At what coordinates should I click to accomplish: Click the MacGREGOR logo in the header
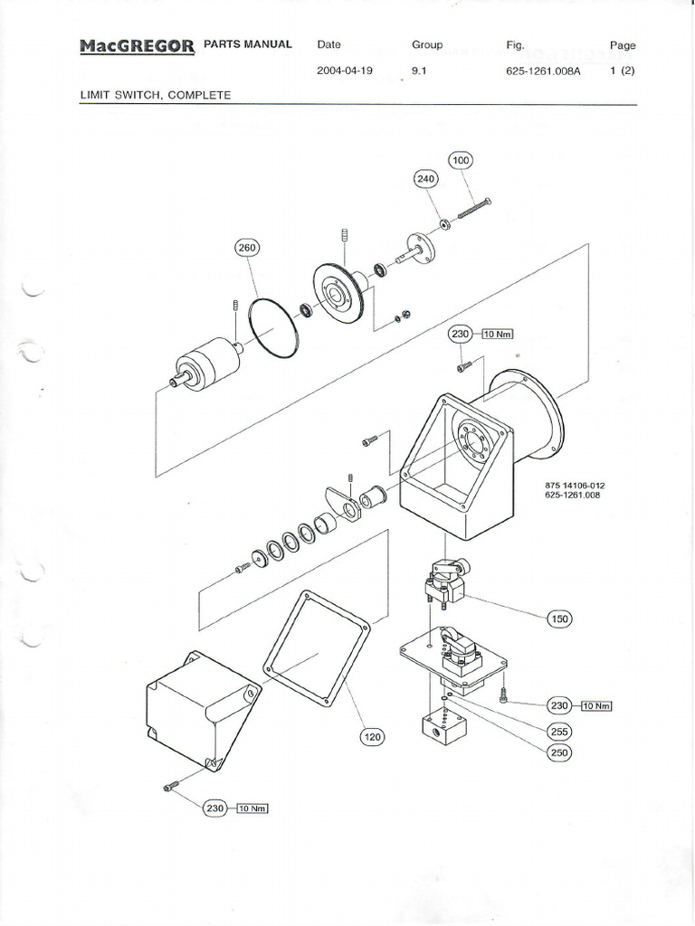click(x=137, y=46)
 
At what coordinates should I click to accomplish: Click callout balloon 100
click(x=461, y=161)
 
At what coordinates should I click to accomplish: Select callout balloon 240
click(x=425, y=179)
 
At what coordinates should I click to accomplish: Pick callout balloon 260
click(x=247, y=249)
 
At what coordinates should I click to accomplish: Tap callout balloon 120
click(x=372, y=737)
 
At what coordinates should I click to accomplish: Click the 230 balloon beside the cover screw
click(x=214, y=808)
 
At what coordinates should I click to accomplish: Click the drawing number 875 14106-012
click(x=575, y=486)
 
